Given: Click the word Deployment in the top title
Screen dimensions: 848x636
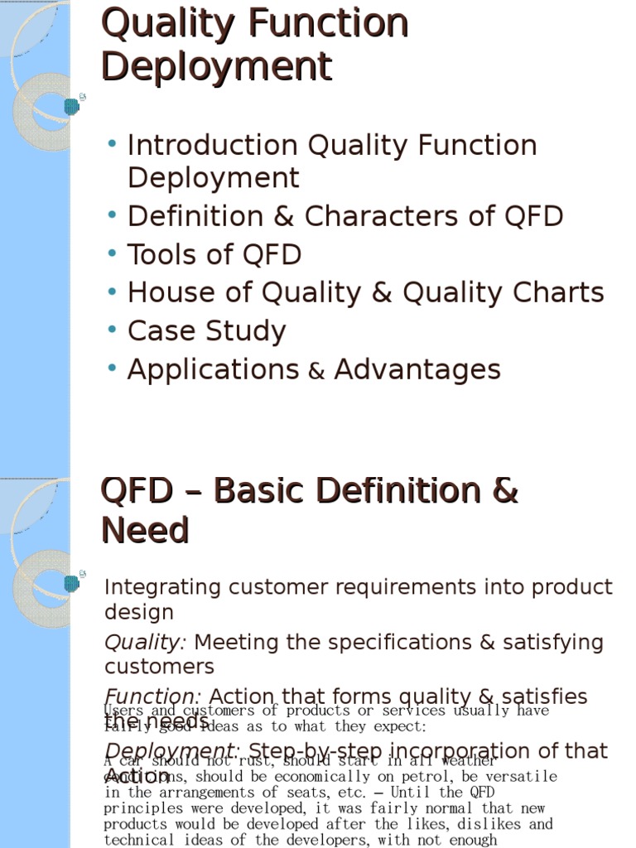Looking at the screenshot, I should coord(216,66).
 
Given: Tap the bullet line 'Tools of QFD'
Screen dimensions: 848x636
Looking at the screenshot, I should coord(214,254).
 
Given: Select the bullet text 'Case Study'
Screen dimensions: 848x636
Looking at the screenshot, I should coord(206,330).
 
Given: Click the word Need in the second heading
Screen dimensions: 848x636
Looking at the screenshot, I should coord(145,531).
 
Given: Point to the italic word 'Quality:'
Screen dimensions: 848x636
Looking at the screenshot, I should coord(145,643).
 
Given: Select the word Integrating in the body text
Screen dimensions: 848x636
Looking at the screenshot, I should coord(163,587).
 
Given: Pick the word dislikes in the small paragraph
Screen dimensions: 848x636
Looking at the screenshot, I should coord(493,824).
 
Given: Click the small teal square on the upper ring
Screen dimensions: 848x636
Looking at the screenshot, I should coord(72,106).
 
